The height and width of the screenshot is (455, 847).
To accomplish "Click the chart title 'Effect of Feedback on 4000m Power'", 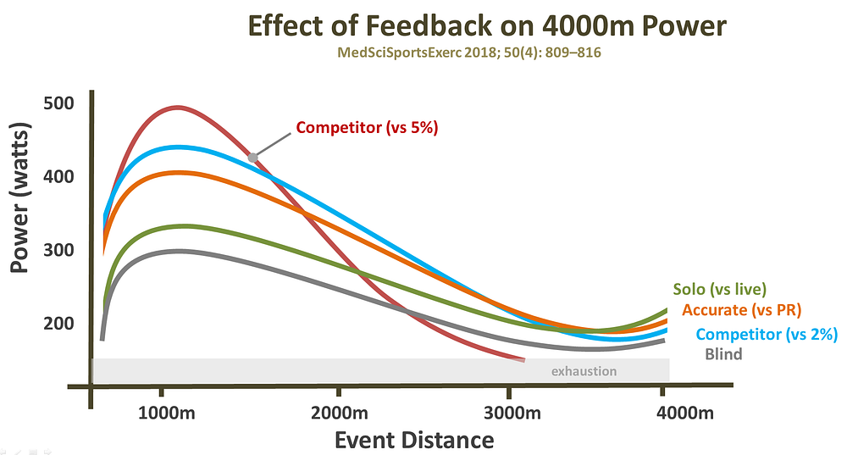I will coord(486,25).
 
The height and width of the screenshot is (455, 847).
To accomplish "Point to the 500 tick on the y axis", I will coord(58,103).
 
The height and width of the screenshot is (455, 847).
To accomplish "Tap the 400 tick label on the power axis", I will coord(58,177).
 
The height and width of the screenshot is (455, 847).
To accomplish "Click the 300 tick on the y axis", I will coord(58,251).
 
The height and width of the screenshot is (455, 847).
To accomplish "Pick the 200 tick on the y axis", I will coord(58,324).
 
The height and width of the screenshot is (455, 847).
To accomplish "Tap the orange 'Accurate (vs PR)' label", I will coord(741,310).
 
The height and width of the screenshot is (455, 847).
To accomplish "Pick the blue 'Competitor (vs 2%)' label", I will coord(766,334).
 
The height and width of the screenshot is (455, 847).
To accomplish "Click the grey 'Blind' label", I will coord(722,354).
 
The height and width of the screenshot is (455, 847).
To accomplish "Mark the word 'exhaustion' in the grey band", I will coord(584,371).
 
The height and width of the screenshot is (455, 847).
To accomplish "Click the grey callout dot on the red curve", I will coord(252,158).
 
